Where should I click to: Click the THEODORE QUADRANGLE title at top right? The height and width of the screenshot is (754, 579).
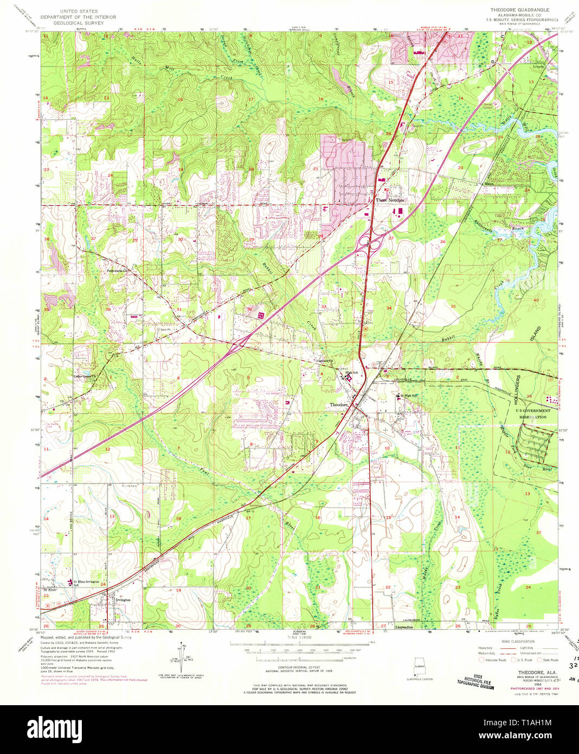point(519,10)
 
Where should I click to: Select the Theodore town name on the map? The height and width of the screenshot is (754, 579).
point(339,405)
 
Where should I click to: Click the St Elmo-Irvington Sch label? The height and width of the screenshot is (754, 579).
point(86,583)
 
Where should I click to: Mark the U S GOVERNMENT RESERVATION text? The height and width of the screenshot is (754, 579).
point(532,414)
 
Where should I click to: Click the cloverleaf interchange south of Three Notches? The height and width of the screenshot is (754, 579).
point(372,244)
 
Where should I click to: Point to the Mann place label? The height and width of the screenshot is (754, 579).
point(489,184)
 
